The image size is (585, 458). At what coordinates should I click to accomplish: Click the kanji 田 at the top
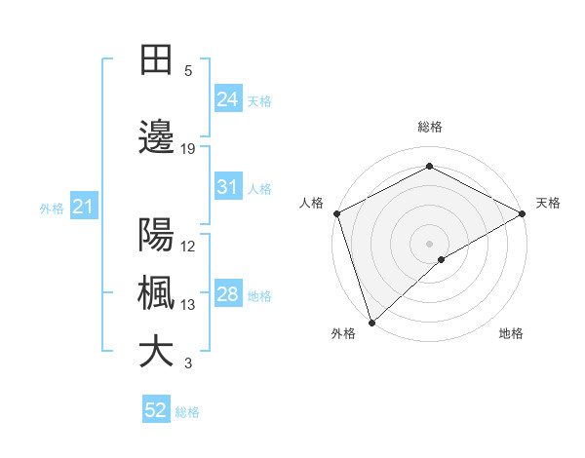[x=156, y=60]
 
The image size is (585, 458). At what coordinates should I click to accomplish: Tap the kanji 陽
[x=156, y=235]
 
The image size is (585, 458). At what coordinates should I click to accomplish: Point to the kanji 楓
[x=156, y=294]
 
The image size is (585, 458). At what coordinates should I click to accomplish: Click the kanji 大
[x=156, y=353]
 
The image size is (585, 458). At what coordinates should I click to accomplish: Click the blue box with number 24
[x=227, y=99]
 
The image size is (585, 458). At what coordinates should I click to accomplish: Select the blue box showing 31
[x=227, y=187]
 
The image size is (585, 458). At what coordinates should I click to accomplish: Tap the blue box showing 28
[x=227, y=294]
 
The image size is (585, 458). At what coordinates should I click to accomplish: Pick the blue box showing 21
[x=83, y=207]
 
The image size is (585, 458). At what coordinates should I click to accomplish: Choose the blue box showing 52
[x=156, y=410]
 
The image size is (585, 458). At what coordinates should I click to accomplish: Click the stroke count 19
[x=188, y=149]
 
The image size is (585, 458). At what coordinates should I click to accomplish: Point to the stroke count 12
[x=188, y=246]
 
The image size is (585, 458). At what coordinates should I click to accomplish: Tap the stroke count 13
[x=188, y=305]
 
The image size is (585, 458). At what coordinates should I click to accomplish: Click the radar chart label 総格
[x=429, y=127]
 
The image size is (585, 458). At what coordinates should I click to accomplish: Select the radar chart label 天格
[x=548, y=203]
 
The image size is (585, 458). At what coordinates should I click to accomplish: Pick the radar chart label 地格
[x=511, y=333]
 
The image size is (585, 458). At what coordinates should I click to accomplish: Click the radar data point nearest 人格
[x=336, y=212]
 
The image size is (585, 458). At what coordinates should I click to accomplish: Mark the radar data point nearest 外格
[x=371, y=322]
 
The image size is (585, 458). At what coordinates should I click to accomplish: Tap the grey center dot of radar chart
[x=429, y=243]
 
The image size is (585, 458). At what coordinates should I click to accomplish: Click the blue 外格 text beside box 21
[x=51, y=208]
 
